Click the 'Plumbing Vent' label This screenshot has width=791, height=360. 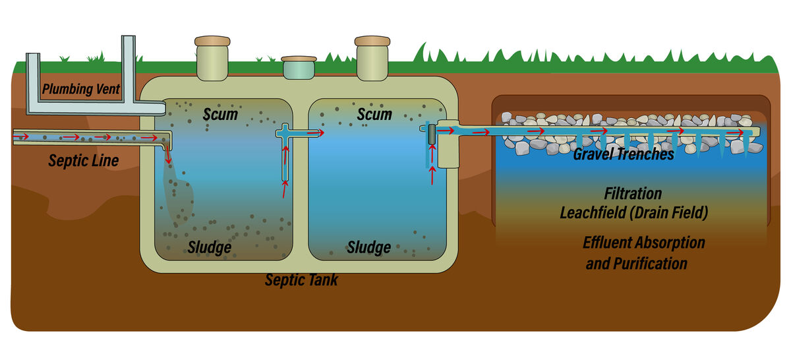click(81, 89)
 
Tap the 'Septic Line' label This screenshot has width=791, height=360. click(84, 160)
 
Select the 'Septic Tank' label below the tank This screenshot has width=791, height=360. click(301, 280)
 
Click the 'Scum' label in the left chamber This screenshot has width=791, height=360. click(220, 115)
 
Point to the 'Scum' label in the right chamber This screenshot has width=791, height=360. click(374, 115)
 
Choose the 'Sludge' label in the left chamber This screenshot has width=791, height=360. click(209, 247)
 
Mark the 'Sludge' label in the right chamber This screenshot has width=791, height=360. click(368, 247)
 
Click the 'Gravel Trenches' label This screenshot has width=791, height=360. click(623, 154)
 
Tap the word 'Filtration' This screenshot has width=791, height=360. click(633, 194)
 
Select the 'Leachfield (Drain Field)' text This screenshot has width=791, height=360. click(633, 213)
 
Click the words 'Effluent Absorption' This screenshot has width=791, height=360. click(643, 243)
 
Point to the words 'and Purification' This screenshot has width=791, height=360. click(636, 264)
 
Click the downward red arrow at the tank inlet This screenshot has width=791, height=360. click(167, 156)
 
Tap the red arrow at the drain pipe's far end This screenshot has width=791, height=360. click(743, 132)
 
